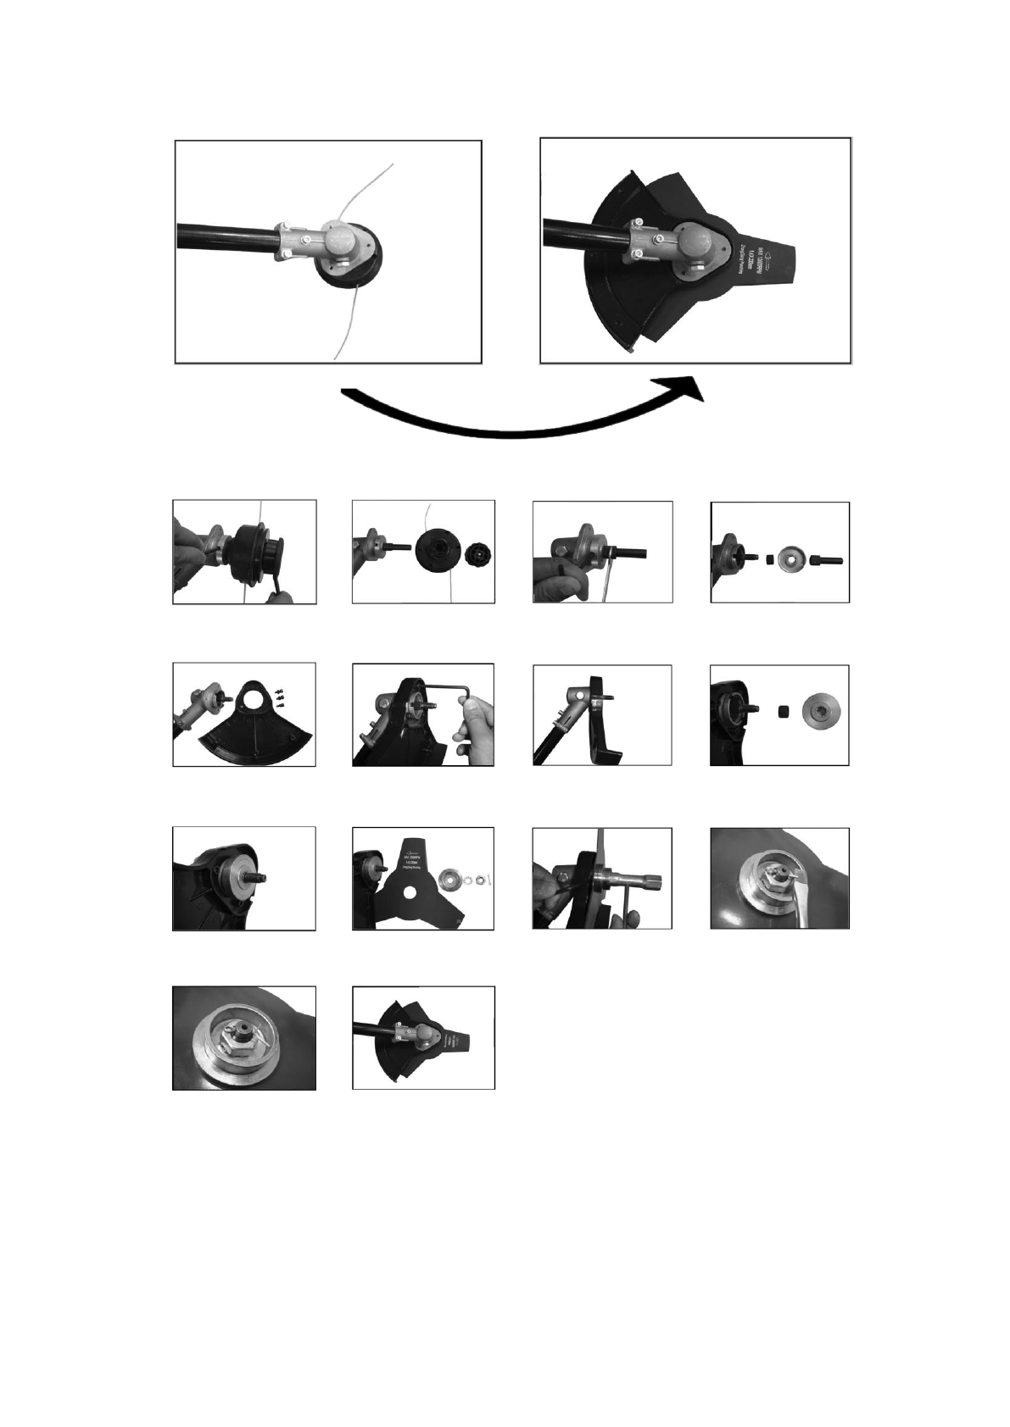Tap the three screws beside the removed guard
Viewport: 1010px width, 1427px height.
279,697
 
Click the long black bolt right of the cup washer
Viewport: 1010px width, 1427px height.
826,561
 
